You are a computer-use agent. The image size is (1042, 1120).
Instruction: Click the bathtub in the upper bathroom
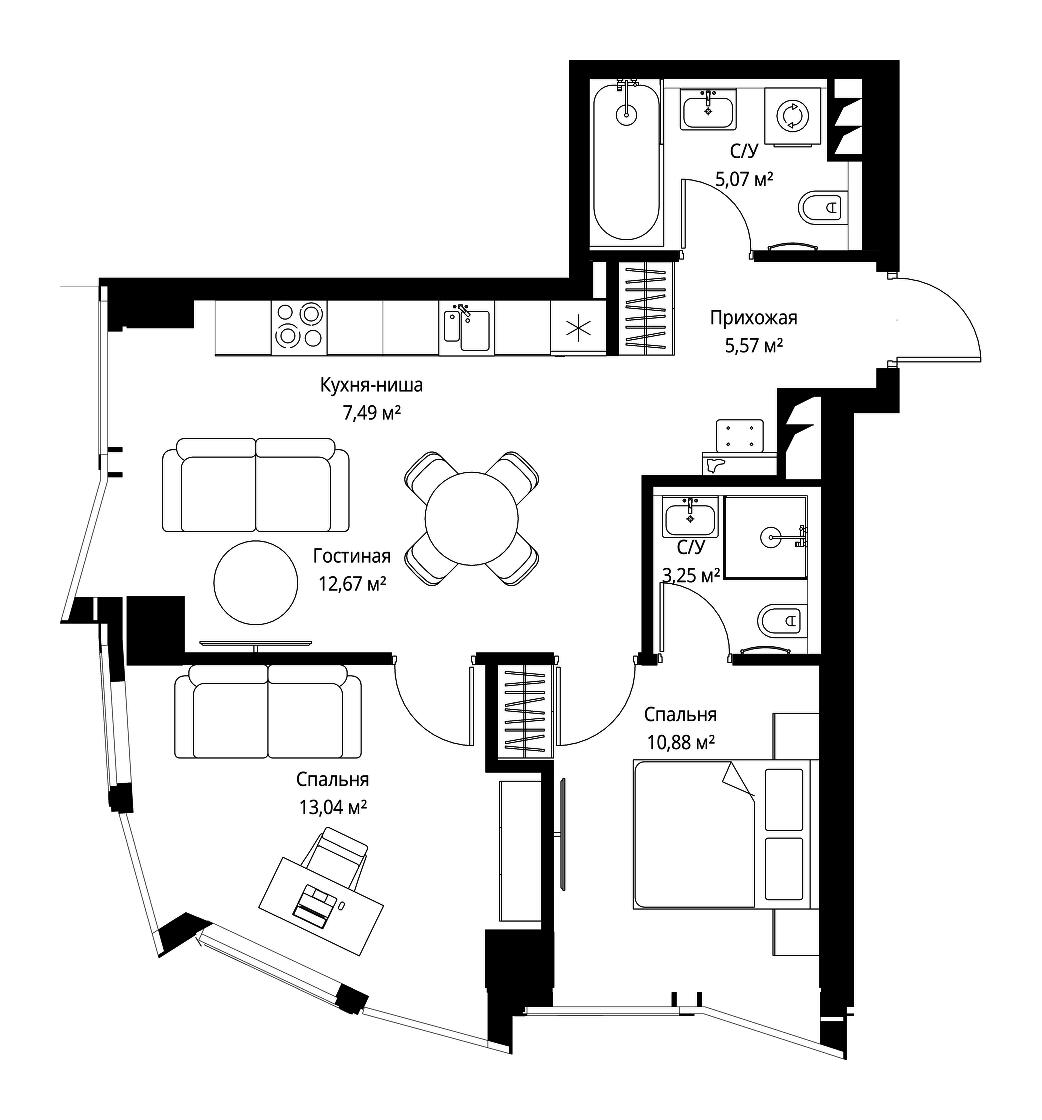(x=626, y=162)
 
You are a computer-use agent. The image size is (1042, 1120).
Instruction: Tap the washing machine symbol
(x=792, y=116)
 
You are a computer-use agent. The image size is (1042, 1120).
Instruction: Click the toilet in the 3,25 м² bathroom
(x=783, y=620)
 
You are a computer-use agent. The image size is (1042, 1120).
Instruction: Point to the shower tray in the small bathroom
(x=766, y=536)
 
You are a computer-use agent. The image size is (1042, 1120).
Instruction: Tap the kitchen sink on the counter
(x=467, y=329)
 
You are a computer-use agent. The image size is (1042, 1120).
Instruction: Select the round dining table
(x=471, y=519)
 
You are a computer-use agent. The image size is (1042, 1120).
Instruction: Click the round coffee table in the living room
(x=256, y=582)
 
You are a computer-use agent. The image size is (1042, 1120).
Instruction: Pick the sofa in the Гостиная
(x=256, y=485)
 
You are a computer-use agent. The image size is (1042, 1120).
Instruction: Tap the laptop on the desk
(x=315, y=903)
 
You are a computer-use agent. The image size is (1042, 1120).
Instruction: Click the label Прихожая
(x=753, y=318)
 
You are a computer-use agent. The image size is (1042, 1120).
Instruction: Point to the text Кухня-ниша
(x=371, y=385)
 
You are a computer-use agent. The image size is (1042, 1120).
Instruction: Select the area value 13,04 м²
(x=333, y=807)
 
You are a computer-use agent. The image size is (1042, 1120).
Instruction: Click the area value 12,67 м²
(x=352, y=584)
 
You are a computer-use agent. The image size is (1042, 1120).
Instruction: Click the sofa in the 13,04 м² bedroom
(x=268, y=711)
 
